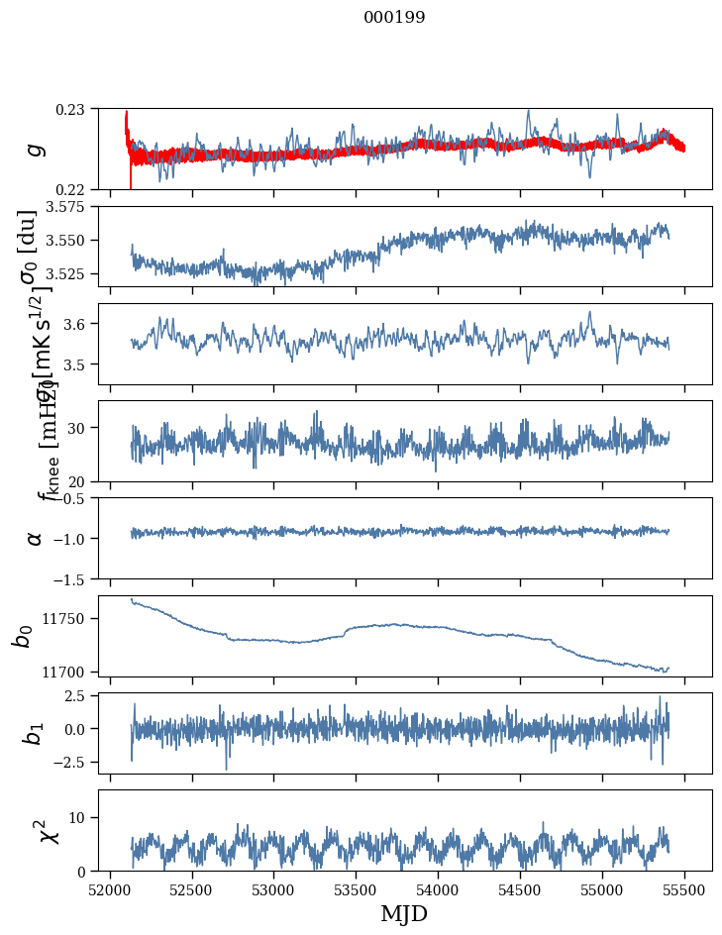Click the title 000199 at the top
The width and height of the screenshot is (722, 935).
[x=394, y=18]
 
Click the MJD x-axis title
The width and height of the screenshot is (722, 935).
[x=404, y=914]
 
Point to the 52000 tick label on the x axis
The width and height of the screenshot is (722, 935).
[x=110, y=889]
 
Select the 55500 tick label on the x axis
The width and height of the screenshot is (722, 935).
[x=685, y=889]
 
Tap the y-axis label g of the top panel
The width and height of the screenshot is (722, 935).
[x=35, y=149]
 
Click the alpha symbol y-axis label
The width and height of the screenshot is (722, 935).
[x=35, y=538]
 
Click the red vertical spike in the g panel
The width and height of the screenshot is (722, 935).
[x=131, y=176]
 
